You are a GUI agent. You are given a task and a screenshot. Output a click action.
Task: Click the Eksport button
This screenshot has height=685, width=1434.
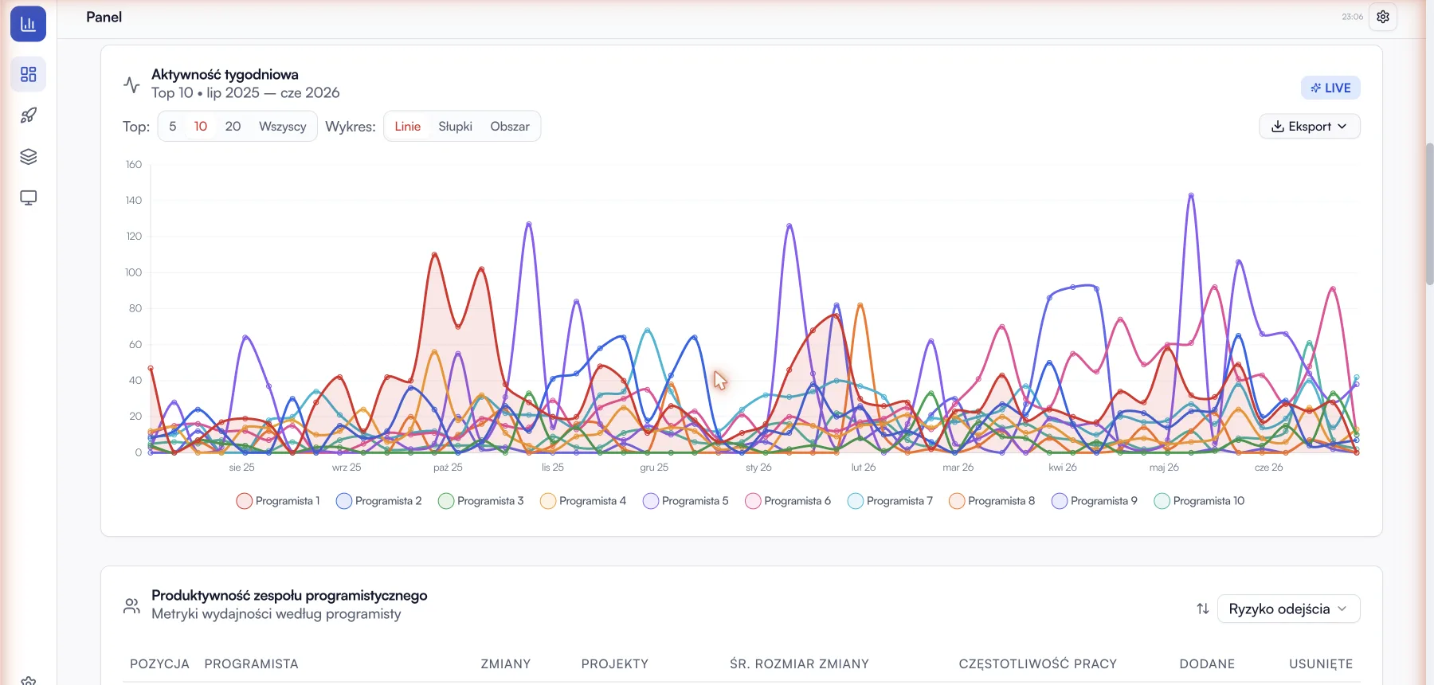(x=1309, y=127)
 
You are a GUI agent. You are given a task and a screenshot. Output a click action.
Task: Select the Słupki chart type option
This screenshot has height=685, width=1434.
(x=455, y=127)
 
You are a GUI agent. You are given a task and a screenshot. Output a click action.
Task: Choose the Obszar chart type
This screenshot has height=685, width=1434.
(x=510, y=127)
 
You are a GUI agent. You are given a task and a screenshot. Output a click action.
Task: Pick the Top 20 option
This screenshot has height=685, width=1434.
(x=233, y=127)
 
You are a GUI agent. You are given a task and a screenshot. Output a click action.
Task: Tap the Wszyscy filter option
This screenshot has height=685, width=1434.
(x=283, y=127)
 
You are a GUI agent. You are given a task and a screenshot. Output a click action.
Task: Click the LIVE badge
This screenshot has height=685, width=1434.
(x=1330, y=88)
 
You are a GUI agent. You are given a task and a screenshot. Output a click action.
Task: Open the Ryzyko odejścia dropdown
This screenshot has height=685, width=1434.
(x=1288, y=609)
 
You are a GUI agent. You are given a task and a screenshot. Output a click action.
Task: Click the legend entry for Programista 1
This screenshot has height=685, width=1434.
(x=278, y=501)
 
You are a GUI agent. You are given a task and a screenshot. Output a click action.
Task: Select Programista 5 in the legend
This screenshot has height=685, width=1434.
(x=686, y=501)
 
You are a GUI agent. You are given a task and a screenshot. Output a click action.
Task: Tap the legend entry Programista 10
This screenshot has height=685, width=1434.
(x=1199, y=501)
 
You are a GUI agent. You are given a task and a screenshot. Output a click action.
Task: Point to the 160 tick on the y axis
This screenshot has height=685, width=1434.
(x=134, y=165)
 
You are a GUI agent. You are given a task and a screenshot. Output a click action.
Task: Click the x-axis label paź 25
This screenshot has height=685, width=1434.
(x=448, y=468)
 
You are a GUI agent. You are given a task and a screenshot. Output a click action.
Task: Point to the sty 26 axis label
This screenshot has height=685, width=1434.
(x=758, y=468)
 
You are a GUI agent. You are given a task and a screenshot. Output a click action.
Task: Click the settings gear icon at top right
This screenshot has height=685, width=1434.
(x=1383, y=17)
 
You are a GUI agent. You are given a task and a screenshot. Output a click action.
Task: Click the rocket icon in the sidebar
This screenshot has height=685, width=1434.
(x=29, y=115)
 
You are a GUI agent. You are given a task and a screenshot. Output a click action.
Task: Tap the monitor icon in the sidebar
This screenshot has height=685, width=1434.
(x=29, y=198)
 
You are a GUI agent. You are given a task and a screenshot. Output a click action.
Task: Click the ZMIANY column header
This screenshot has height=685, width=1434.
(x=506, y=664)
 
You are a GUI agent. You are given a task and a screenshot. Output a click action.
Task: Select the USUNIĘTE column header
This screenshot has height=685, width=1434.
(x=1321, y=664)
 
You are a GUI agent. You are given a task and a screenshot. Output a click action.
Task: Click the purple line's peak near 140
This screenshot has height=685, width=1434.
(x=1191, y=194)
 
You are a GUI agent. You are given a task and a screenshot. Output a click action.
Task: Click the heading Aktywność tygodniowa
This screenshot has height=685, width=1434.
(x=225, y=75)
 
